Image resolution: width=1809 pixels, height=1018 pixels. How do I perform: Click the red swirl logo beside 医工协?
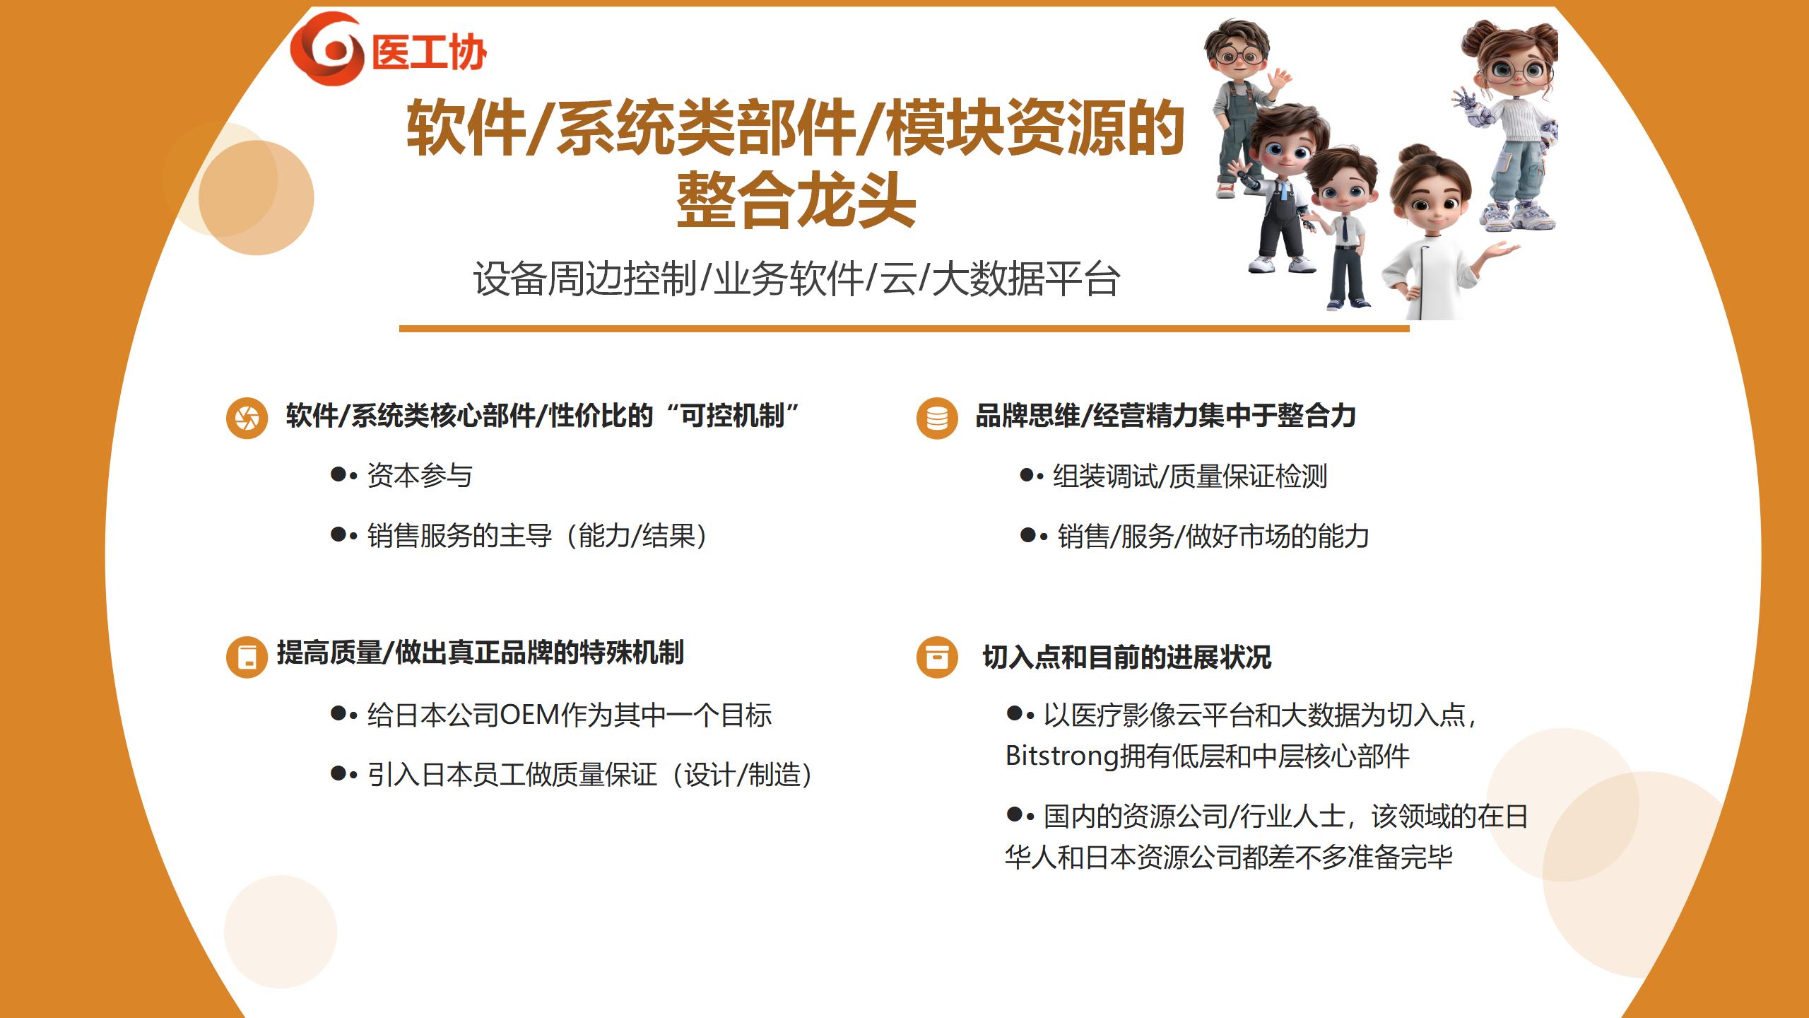pos(327,49)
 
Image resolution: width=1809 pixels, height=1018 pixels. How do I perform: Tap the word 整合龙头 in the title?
pos(796,201)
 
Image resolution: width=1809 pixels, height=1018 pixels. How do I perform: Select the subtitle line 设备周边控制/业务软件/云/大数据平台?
pos(796,279)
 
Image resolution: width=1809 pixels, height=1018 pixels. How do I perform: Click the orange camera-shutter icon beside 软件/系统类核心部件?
pos(247,418)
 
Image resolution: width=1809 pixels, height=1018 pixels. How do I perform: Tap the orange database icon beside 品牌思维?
pos(937,418)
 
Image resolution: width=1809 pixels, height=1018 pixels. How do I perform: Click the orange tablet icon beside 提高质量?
pos(247,657)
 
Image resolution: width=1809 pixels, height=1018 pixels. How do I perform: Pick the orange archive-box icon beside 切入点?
pos(937,657)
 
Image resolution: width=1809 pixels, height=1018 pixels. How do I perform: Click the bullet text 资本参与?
pos(420,476)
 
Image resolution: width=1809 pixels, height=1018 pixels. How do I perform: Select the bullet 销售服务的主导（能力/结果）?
pos(538,536)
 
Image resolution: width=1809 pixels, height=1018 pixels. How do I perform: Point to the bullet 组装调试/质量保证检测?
pos(1190,476)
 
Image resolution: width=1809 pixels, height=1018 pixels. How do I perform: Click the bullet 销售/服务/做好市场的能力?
pos(1213,536)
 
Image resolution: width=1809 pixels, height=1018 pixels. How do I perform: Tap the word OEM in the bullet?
pos(530,715)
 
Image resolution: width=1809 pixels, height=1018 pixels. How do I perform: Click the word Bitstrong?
pos(1062,756)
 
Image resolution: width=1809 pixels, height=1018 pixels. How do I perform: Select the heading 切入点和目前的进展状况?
pos(1127,657)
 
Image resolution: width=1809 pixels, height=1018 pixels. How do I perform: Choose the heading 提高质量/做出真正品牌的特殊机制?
pos(481,653)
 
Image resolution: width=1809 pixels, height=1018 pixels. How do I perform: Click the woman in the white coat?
pos(1438,233)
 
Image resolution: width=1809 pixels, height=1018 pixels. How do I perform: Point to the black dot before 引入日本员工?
pos(338,773)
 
